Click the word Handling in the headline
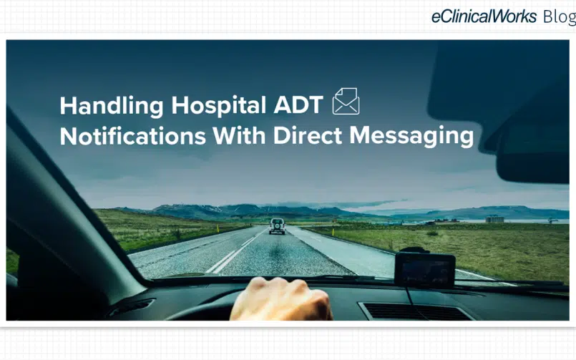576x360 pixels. [x=112, y=106]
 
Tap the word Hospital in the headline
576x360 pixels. [x=218, y=106]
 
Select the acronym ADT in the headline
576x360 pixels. [x=298, y=105]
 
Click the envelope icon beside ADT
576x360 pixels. [x=346, y=101]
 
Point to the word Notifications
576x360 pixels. [x=132, y=136]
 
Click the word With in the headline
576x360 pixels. [x=239, y=136]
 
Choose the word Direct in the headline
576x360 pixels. [x=308, y=136]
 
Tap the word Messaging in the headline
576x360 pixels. [x=411, y=137]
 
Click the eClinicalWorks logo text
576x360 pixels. [x=484, y=16]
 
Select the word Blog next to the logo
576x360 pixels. [x=559, y=17]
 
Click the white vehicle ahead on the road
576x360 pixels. [x=277, y=226]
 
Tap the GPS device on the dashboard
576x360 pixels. [x=424, y=269]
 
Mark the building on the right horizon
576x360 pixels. [x=494, y=219]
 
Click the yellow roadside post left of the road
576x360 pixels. [x=218, y=228]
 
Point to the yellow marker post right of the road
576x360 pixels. [x=333, y=232]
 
